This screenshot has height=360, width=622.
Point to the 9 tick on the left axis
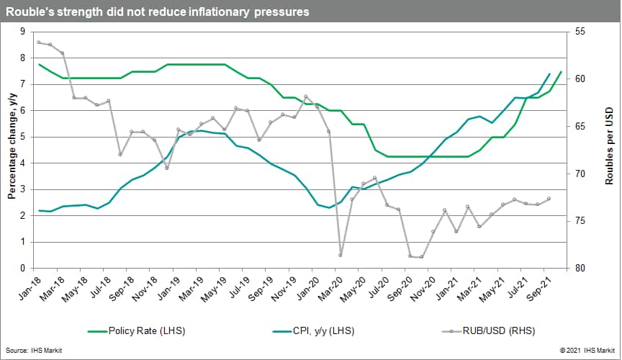pyautogui.click(x=22, y=32)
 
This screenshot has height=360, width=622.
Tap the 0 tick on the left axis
pyautogui.click(x=22, y=268)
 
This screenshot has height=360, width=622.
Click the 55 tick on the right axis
pyautogui.click(x=581, y=32)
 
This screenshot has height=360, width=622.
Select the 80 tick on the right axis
pyautogui.click(x=581, y=268)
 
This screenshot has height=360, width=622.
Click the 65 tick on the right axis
pyautogui.click(x=581, y=126)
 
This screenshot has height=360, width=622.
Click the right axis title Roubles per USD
pyautogui.click(x=608, y=150)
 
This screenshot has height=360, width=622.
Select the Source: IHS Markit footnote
pyautogui.click(x=29, y=350)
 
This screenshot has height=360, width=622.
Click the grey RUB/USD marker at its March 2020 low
pyautogui.click(x=340, y=255)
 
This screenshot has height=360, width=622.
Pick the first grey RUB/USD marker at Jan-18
pyautogui.click(x=39, y=42)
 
